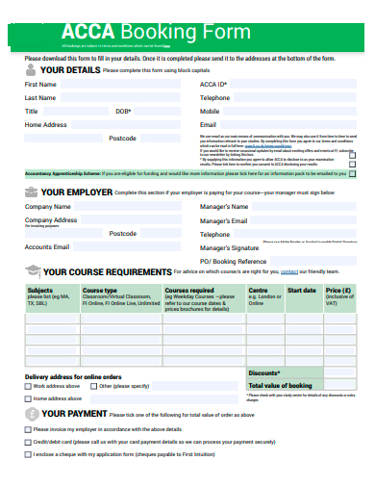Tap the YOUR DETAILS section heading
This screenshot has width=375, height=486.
point(69,70)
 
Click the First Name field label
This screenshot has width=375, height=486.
point(40,85)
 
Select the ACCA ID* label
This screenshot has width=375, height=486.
point(213,85)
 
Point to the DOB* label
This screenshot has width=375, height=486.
point(123,112)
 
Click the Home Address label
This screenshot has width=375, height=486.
point(45,125)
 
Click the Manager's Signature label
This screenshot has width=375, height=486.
point(230,247)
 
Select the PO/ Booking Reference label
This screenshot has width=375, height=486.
point(233,262)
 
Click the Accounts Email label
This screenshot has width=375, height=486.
point(46,247)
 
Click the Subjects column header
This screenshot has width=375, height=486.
point(40,290)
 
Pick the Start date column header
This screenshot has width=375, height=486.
point(301,290)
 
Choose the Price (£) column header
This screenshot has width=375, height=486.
point(338,290)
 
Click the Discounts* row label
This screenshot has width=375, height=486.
point(263,372)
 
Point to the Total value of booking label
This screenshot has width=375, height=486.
point(287,385)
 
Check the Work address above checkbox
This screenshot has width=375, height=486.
point(27,386)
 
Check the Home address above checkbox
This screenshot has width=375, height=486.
point(27,398)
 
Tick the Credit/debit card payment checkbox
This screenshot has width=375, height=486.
point(27,441)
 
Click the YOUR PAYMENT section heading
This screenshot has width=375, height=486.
point(75,413)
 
